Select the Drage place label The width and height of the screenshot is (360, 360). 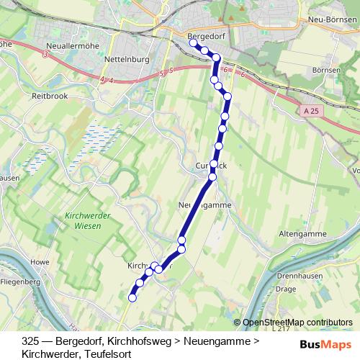[287, 289]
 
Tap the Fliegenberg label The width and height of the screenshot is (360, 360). [20, 282]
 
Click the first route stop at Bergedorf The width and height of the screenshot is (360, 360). [193, 43]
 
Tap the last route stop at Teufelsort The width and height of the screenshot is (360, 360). [132, 297]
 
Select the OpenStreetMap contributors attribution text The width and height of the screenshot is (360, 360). [297, 323]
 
